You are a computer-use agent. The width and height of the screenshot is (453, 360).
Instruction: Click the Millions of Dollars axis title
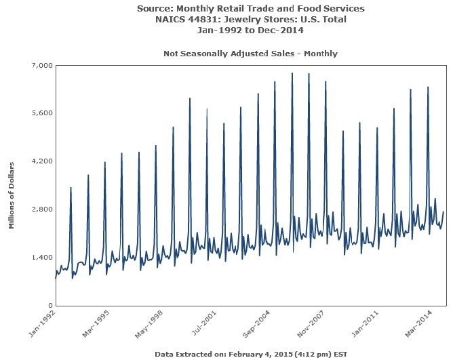(12, 196)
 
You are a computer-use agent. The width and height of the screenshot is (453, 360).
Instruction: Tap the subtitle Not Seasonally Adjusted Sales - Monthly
(250, 53)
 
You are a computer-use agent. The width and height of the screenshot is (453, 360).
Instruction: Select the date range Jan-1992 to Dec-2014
(250, 31)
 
